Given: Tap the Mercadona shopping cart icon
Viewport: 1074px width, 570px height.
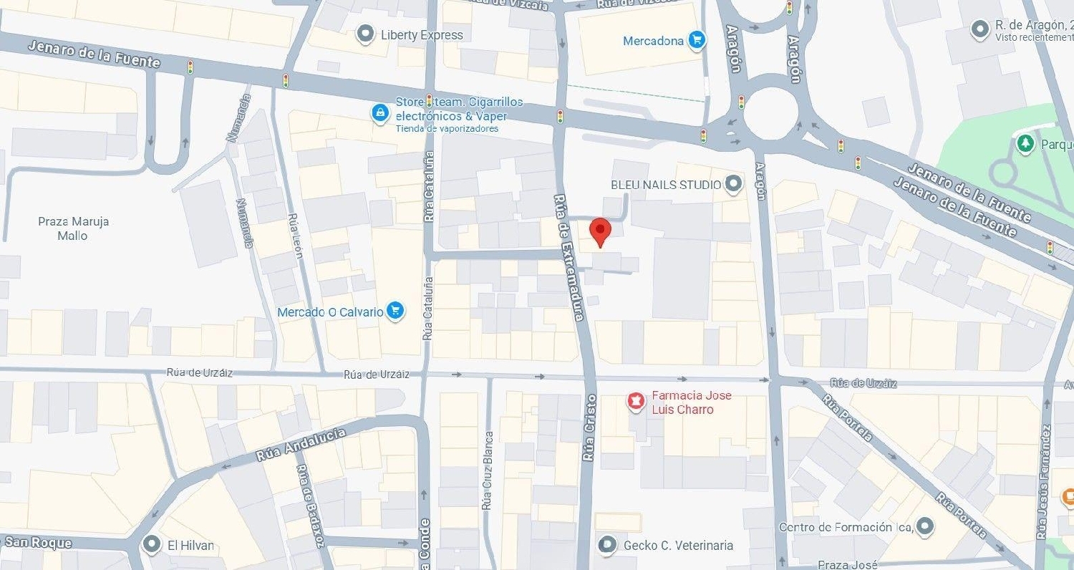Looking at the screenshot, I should [x=696, y=40].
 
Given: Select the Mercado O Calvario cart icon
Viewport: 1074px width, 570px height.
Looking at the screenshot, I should [x=395, y=311].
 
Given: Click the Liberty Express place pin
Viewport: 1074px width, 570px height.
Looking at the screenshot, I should [x=366, y=34].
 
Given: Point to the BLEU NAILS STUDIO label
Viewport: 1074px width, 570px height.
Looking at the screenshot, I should [x=665, y=185].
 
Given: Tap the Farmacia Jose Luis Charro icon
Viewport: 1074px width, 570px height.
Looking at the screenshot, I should [x=634, y=402].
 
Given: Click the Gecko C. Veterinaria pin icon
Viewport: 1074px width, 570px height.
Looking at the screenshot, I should [x=607, y=545].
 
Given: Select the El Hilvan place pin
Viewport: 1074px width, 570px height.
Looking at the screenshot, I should [x=151, y=545].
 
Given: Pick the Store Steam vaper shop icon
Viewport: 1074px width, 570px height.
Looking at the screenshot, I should [x=379, y=112].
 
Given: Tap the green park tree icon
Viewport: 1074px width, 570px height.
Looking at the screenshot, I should [x=1026, y=144].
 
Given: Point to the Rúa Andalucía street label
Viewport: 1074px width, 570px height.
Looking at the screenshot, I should [x=301, y=445].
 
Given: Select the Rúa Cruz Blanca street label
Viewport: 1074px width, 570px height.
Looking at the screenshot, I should [x=488, y=470].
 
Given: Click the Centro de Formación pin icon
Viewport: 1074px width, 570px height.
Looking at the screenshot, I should [x=925, y=526].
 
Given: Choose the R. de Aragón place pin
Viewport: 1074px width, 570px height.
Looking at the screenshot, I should [x=979, y=30].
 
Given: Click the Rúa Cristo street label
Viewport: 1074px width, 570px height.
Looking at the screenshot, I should [x=589, y=427].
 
